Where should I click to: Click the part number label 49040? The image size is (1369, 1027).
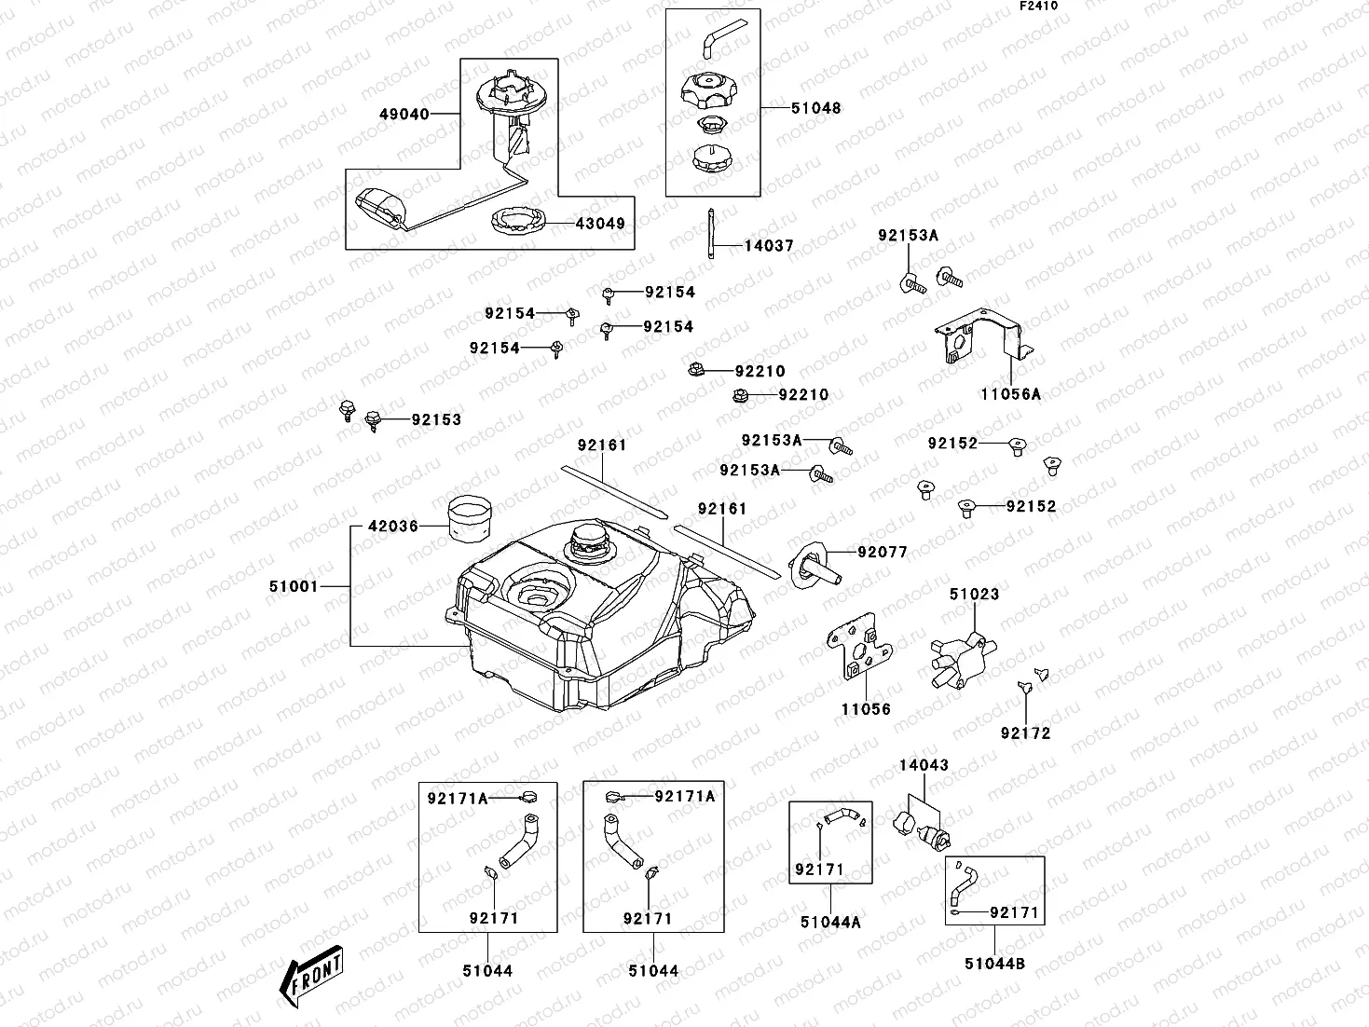click(404, 115)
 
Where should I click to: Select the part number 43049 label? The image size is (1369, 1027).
click(600, 224)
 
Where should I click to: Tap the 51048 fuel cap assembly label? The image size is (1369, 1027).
click(815, 108)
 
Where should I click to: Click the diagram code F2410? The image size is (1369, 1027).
click(1038, 6)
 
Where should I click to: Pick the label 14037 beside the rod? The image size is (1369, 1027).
click(769, 246)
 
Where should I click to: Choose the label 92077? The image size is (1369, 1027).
click(883, 552)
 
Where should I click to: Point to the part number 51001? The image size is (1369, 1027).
click(294, 586)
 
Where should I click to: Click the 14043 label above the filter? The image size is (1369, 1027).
click(924, 765)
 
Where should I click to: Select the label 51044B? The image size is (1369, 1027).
click(994, 964)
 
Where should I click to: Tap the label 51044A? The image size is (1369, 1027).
click(830, 923)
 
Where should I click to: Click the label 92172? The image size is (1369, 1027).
click(1025, 733)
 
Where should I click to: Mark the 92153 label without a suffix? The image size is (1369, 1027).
click(437, 420)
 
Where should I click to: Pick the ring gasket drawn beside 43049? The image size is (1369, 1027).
click(518, 224)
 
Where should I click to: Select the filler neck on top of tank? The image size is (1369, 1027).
click(589, 541)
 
